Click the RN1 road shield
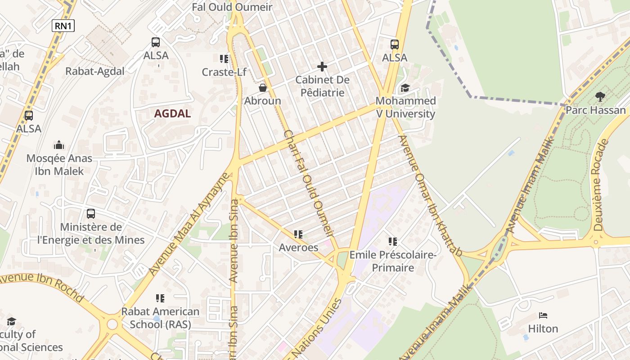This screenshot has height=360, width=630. click(x=63, y=26)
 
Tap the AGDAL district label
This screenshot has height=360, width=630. click(x=172, y=113)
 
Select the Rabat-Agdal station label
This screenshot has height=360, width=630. click(x=95, y=71)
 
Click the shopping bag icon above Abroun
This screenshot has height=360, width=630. click(x=263, y=87)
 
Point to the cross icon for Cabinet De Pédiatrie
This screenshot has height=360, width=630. click(x=322, y=67)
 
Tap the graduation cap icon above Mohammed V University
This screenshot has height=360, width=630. click(x=405, y=88)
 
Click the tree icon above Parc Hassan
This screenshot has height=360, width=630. click(x=600, y=96)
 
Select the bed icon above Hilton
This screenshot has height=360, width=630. click(x=543, y=315)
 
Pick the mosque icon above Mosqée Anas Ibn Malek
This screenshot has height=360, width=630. click(x=59, y=145)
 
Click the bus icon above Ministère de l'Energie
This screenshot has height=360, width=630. click(x=91, y=214)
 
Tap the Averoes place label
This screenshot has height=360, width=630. click(x=298, y=247)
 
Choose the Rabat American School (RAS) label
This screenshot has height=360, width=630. click(x=160, y=318)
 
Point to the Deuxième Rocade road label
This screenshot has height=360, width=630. click(x=599, y=184)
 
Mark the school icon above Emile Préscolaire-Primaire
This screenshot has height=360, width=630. click(x=393, y=242)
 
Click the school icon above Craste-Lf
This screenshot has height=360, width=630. click(x=224, y=59)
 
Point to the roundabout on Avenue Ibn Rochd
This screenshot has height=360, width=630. click(x=112, y=324)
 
